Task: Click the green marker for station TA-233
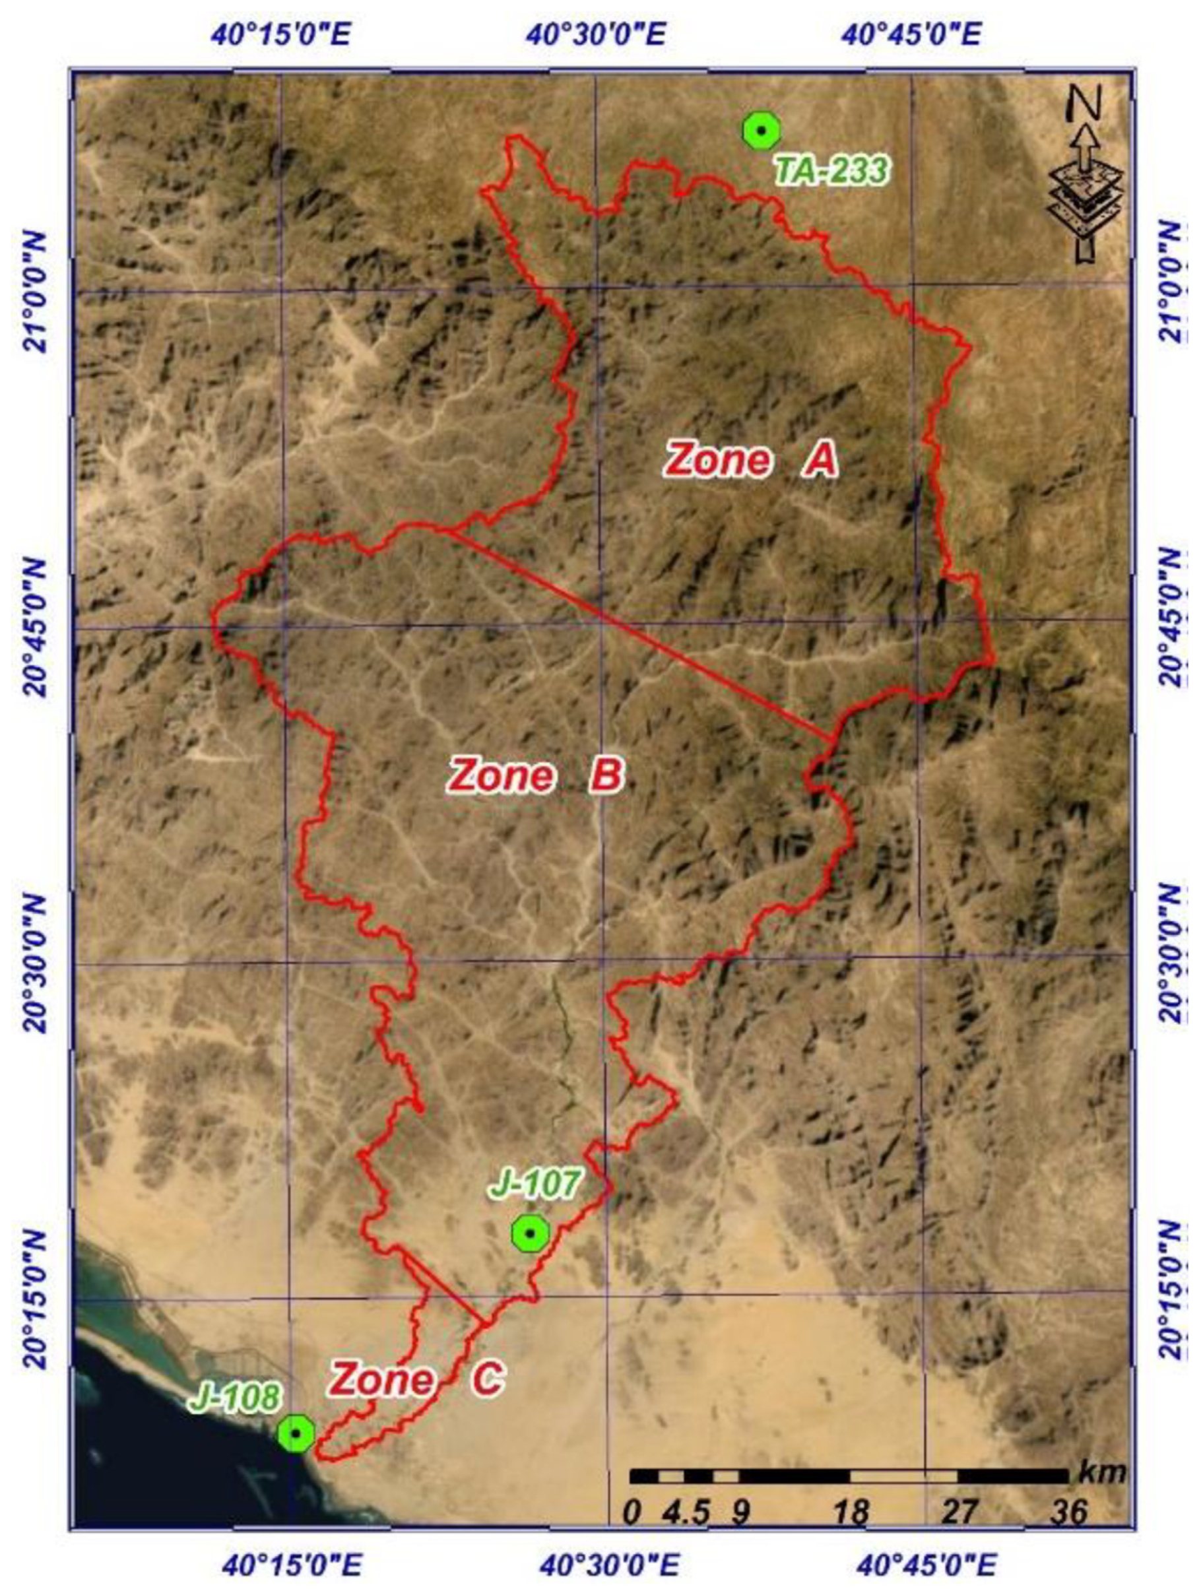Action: pyautogui.click(x=761, y=131)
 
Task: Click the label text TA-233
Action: pyautogui.click(x=832, y=172)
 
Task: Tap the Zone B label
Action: pyautogui.click(x=535, y=775)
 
